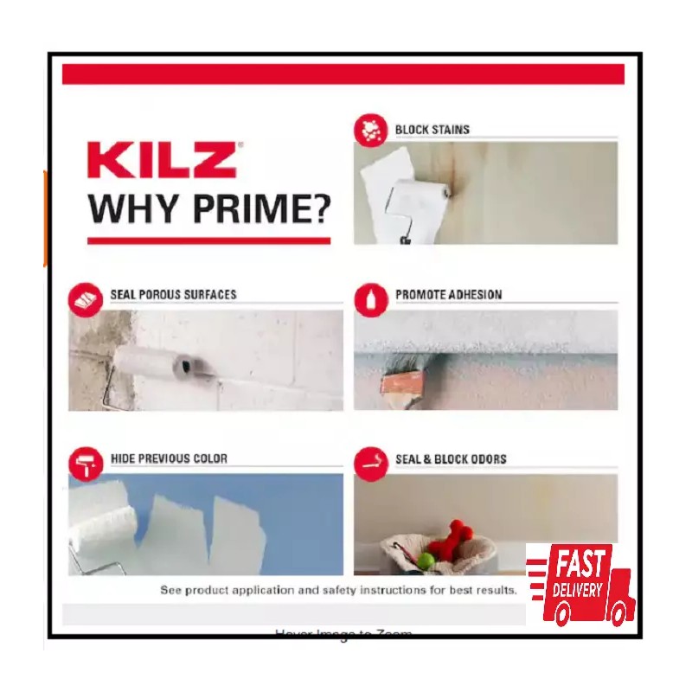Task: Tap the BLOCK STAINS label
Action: click(432, 130)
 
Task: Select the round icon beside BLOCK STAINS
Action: click(370, 131)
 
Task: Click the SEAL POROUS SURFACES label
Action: click(173, 295)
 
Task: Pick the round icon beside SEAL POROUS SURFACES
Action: click(86, 298)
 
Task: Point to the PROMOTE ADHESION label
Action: click(448, 295)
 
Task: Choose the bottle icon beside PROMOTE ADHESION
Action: click(371, 298)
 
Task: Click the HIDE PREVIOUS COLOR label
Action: click(169, 458)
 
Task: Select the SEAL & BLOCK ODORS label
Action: click(451, 458)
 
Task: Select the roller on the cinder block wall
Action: click(164, 360)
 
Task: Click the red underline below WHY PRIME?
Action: click(208, 240)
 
